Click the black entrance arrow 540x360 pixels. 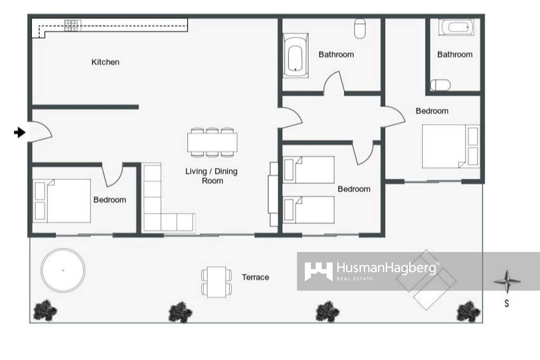tap(20, 132)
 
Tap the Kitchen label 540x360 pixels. tap(105, 62)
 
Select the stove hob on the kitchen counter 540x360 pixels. tap(72, 26)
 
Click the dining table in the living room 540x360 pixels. tap(212, 143)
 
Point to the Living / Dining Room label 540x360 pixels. tap(212, 176)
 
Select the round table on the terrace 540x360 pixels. tap(63, 270)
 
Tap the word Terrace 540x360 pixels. tap(255, 277)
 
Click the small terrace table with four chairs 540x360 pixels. tap(216, 282)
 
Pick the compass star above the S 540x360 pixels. tap(507, 281)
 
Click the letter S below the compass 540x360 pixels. tap(507, 303)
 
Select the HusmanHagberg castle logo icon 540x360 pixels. tap(318, 271)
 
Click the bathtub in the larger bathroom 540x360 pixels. tap(295, 56)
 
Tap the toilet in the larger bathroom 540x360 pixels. tap(360, 28)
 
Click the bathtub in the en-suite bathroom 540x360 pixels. tap(456, 27)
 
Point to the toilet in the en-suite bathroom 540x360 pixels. tap(441, 85)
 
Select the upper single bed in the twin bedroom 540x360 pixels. tap(309, 170)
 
